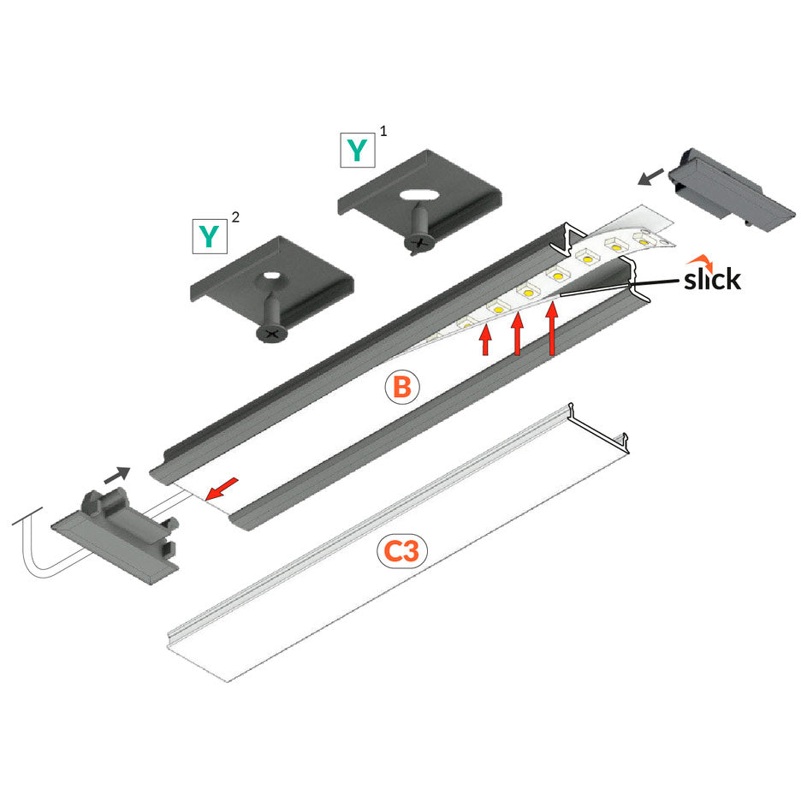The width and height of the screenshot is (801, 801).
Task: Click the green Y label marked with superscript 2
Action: pyautogui.click(x=208, y=234)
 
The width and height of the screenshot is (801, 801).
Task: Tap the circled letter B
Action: pyautogui.click(x=402, y=388)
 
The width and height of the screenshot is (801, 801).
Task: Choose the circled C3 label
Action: pyautogui.click(x=402, y=552)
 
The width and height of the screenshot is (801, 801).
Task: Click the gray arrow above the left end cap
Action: pyautogui.click(x=116, y=472)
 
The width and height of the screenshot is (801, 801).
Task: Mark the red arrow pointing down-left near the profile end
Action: pyautogui.click(x=222, y=489)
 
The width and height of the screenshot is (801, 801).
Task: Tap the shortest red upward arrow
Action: pyautogui.click(x=485, y=340)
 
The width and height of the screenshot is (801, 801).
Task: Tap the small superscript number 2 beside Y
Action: pyautogui.click(x=235, y=217)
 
